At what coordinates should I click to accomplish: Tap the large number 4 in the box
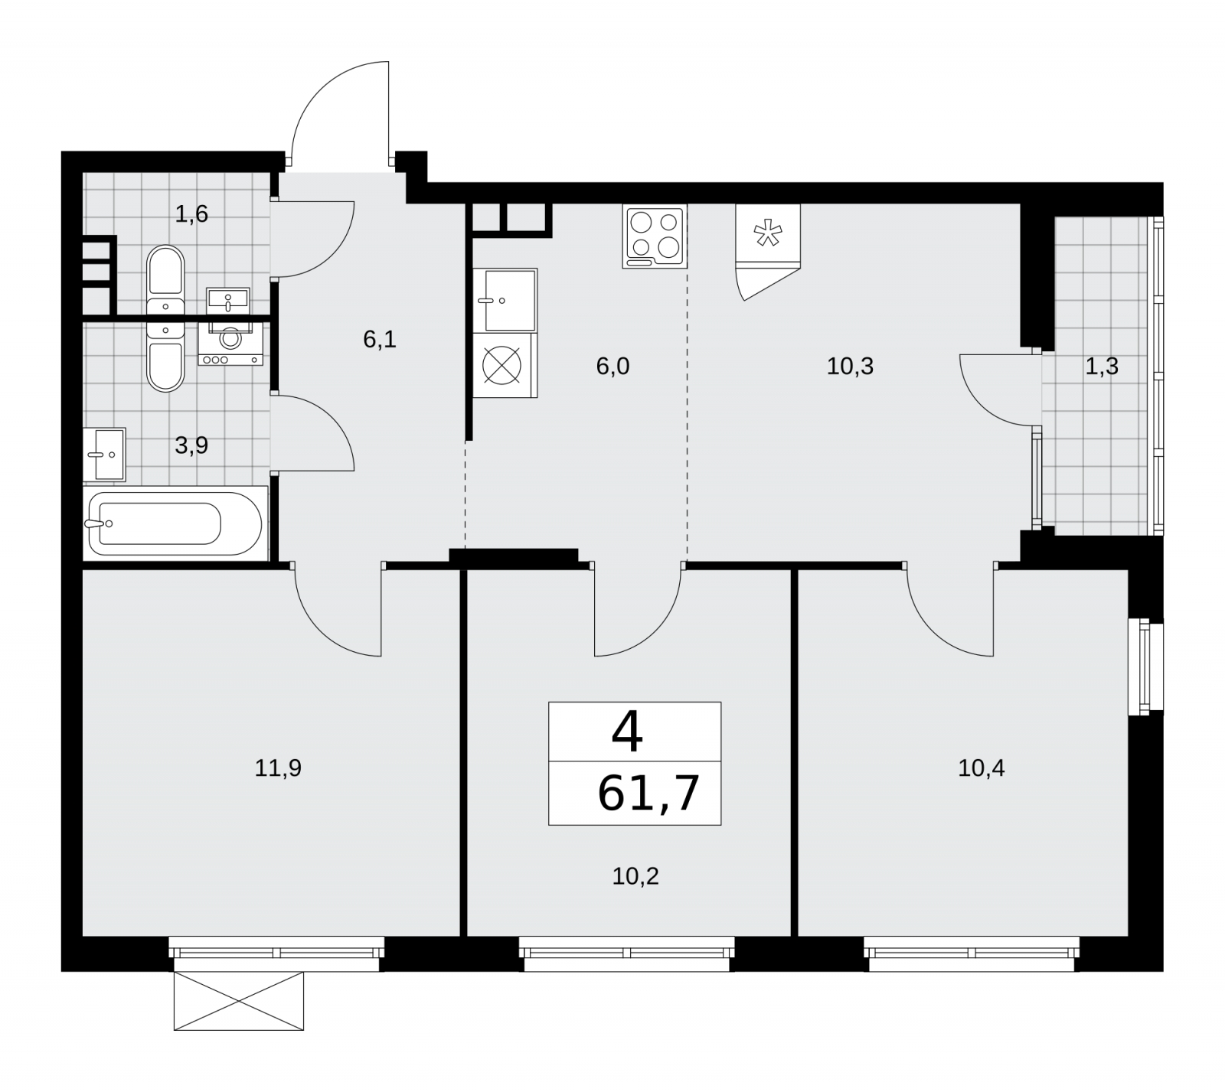point(627,732)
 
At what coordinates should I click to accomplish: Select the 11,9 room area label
point(278,768)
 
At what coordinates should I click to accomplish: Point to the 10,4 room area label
point(982,768)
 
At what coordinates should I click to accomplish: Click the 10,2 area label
point(635,876)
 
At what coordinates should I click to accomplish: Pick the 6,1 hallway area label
point(380,339)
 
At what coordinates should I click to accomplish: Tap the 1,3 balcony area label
point(1102,367)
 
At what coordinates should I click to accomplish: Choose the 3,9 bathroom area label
point(191,445)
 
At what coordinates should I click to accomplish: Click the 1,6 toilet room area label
point(191,214)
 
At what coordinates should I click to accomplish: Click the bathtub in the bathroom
point(175,523)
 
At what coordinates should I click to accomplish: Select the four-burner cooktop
point(655,236)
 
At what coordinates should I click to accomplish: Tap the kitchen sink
point(505,300)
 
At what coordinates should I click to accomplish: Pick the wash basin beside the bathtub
point(105,454)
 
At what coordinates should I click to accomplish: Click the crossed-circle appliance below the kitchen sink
point(505,366)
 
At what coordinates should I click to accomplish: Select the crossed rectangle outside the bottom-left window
point(239,1001)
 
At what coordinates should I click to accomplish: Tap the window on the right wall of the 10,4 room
point(1146,670)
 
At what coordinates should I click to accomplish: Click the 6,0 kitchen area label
point(612,367)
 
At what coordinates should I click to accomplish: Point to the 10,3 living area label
point(850,367)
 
